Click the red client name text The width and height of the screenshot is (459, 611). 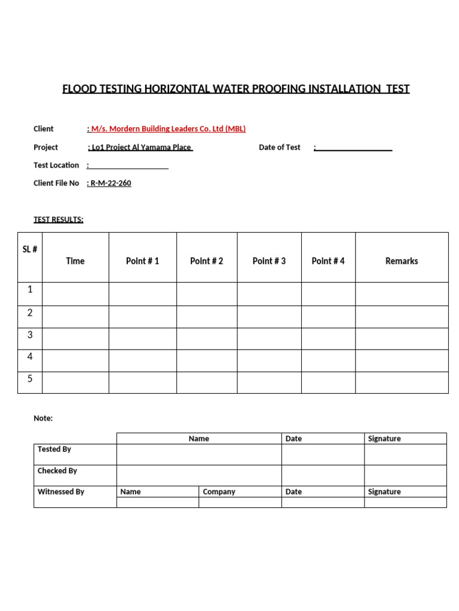168,129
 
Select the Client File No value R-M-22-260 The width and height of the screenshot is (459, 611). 111,183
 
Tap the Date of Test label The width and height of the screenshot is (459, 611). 279,147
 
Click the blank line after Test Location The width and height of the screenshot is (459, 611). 129,167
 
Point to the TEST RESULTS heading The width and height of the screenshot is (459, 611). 59,220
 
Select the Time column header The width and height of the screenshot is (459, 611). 75,261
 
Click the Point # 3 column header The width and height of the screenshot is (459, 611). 269,261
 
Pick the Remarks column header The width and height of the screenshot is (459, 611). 402,261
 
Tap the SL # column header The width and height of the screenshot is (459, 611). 30,249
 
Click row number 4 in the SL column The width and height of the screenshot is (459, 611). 30,357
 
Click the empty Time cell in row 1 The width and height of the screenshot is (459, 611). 75,294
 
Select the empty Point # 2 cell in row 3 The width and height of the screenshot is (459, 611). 207,338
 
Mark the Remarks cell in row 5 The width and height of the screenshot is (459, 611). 402,382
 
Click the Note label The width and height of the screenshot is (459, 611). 43,418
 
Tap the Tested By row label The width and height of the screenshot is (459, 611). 54,449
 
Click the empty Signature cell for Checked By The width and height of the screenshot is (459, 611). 405,475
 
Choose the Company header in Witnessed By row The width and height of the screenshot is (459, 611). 219,492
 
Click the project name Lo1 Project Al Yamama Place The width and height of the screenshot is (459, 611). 141,147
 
